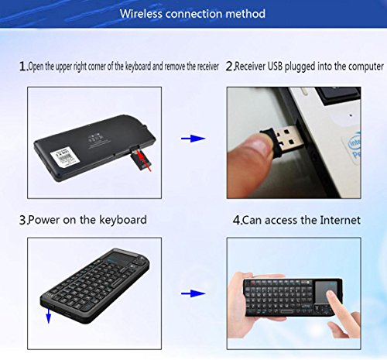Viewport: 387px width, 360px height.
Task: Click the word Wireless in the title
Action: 141,13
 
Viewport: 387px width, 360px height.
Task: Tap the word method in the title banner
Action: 245,13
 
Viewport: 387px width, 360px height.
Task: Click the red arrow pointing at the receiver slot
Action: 144,160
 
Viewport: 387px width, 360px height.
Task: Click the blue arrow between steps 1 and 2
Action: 193,139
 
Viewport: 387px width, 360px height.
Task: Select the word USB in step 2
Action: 275,67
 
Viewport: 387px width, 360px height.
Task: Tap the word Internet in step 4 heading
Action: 340,220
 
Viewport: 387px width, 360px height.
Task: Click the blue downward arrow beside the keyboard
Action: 48,315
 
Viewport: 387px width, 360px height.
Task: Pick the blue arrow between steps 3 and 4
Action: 193,293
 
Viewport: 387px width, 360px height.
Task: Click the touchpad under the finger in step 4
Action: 326,291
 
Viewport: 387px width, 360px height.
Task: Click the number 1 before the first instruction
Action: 22,67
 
